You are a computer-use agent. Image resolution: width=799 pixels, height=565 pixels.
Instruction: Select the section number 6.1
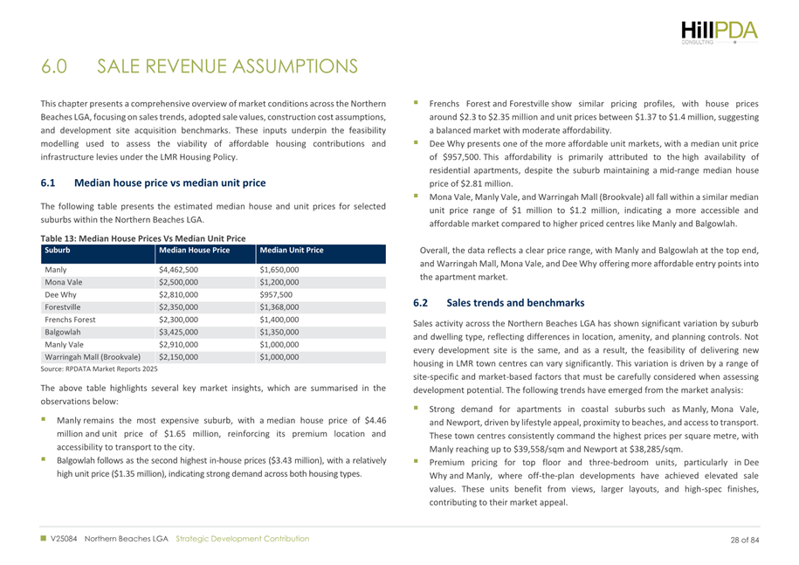48,183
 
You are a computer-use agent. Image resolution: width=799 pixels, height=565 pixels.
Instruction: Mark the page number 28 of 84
744,540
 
